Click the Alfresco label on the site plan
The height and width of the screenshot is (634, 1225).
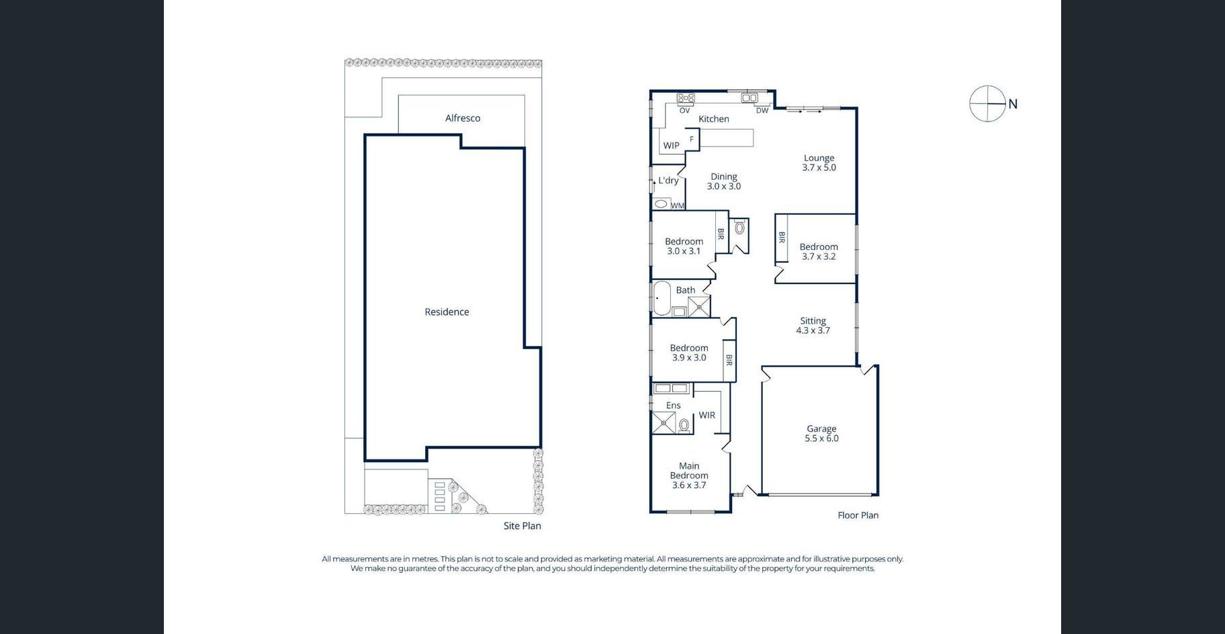click(463, 118)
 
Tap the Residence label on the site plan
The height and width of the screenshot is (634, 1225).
click(447, 312)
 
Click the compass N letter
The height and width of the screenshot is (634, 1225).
click(1013, 104)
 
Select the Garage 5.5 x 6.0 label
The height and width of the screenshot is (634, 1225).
click(821, 433)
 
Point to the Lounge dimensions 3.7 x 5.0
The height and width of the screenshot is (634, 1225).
click(819, 168)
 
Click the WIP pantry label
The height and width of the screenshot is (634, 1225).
click(671, 146)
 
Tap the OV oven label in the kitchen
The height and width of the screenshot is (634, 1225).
click(684, 111)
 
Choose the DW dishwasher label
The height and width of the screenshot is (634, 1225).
click(762, 111)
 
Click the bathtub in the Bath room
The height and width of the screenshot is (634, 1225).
click(662, 299)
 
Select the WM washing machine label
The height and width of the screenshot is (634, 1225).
click(677, 206)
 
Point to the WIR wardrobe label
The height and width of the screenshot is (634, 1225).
click(707, 416)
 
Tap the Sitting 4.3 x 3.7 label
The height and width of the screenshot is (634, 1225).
click(813, 326)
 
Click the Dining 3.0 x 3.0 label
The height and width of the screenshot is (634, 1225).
click(723, 181)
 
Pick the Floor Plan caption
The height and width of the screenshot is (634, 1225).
click(858, 515)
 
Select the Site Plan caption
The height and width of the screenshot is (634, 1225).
click(522, 526)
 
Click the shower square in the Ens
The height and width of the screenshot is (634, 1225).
click(664, 423)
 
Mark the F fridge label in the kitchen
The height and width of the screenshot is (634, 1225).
click(692, 140)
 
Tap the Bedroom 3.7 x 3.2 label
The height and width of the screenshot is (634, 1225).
click(819, 252)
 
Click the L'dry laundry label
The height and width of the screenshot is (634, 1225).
click(668, 181)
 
